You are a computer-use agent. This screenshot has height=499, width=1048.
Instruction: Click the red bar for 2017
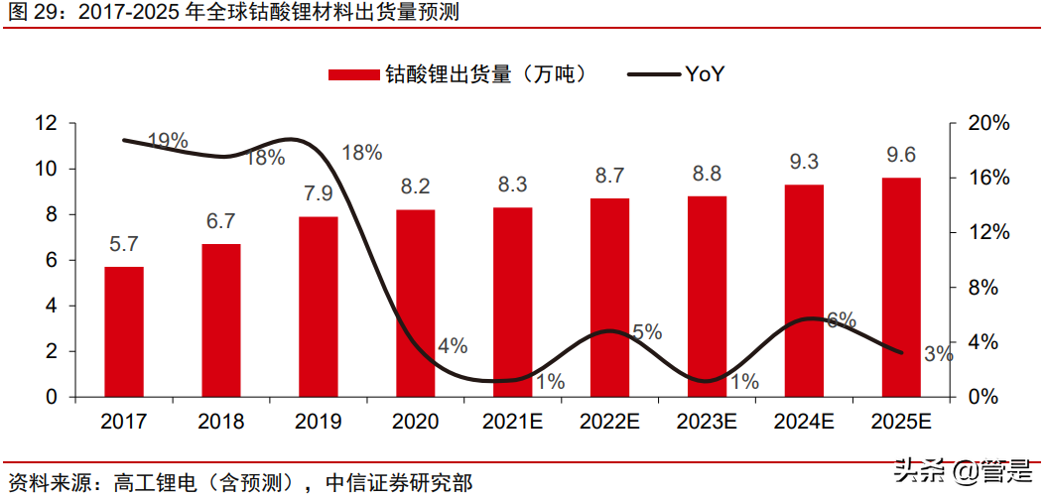click(124, 331)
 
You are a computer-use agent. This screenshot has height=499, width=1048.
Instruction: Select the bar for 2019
click(319, 307)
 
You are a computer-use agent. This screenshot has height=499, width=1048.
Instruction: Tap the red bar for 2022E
click(610, 298)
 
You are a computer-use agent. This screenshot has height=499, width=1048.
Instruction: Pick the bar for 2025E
click(901, 287)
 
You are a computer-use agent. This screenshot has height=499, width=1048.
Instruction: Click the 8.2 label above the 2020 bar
click(415, 187)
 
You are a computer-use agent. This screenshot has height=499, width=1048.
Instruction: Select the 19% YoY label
click(168, 141)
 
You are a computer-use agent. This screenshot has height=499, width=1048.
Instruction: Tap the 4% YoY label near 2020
click(452, 346)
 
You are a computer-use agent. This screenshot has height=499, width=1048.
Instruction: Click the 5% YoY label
click(647, 332)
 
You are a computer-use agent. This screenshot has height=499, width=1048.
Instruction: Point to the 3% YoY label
click(937, 354)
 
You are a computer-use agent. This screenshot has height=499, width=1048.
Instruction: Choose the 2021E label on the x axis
click(512, 422)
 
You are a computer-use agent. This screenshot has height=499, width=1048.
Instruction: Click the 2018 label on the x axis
click(221, 422)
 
